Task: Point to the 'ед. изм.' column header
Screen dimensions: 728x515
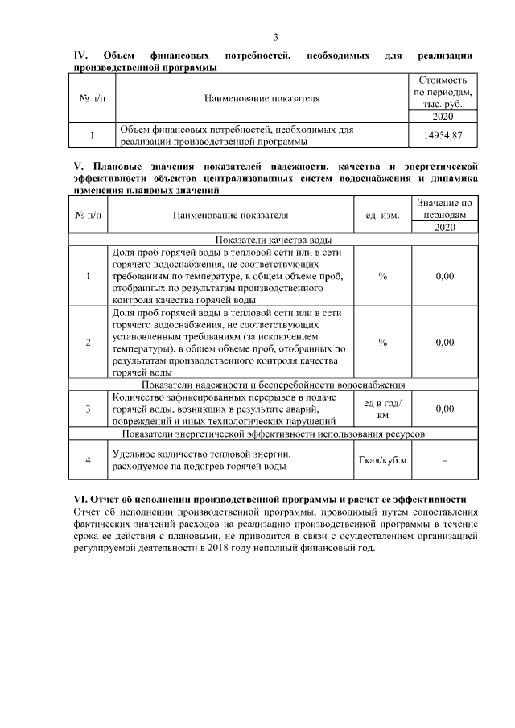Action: coord(382,216)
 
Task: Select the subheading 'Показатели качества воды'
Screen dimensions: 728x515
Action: coord(273,239)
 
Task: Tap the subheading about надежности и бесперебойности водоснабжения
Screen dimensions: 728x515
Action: coord(273,384)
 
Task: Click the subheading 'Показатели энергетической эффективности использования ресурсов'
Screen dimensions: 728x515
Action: coord(273,434)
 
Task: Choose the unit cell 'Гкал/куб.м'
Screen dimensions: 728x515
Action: coord(382,460)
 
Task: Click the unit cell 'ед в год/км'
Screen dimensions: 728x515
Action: coord(382,409)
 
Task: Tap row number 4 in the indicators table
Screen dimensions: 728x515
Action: coord(88,460)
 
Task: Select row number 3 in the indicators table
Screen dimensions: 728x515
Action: coord(88,409)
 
